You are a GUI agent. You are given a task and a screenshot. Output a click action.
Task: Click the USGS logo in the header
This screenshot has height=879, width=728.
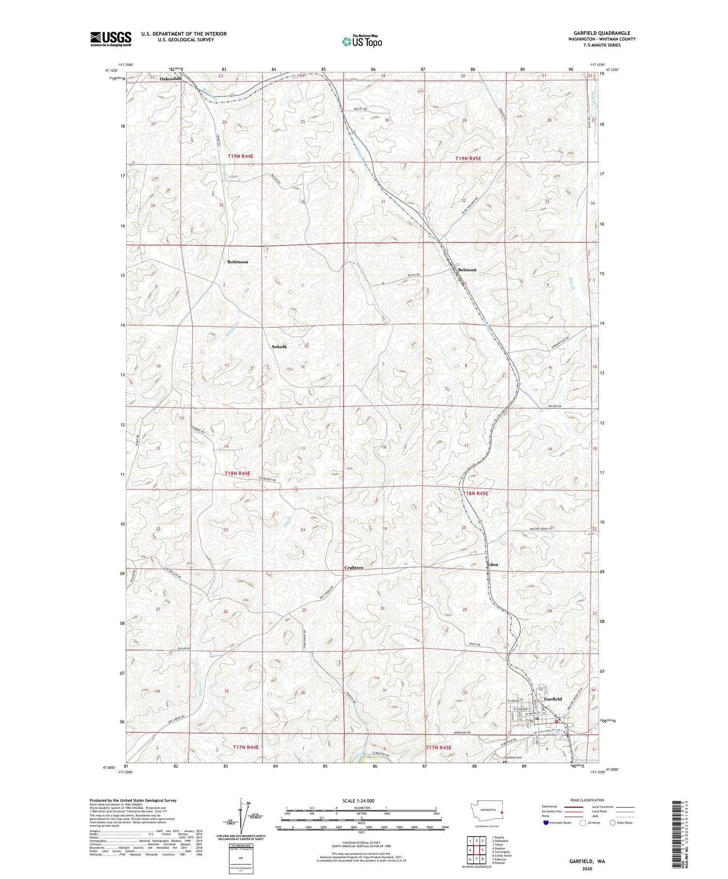[111, 39]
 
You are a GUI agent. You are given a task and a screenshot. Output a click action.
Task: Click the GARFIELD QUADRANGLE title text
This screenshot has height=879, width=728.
[604, 33]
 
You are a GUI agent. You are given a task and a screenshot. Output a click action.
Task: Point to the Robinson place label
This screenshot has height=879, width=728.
[237, 262]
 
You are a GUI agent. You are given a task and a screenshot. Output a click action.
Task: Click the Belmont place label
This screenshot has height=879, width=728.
[467, 270]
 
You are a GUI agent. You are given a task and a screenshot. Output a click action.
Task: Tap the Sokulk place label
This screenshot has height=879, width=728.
[279, 347]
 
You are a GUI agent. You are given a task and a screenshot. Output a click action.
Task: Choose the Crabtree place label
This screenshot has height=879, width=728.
[354, 567]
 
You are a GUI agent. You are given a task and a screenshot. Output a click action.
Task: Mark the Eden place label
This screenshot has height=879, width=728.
[492, 564]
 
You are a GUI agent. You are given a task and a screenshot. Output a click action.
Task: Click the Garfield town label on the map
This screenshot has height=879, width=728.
[553, 699]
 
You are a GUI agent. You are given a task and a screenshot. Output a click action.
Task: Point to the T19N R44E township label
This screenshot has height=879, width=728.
[240, 156]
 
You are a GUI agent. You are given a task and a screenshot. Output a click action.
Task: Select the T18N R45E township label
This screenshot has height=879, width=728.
[475, 493]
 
